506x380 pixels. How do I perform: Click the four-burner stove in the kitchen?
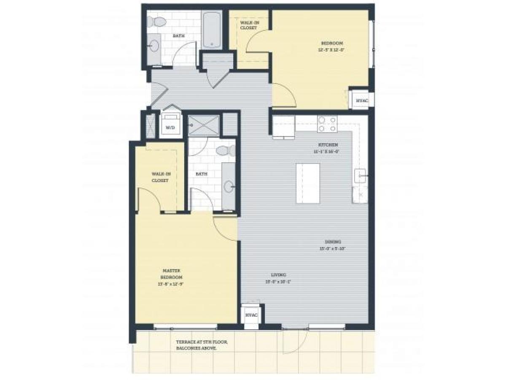pos(328,124)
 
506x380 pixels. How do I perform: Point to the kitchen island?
pos(308,183)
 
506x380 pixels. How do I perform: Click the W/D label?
pos(171,127)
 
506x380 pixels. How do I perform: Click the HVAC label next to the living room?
pos(251,316)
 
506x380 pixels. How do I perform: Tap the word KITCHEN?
pos(328,145)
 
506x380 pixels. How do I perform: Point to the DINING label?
pos(333,242)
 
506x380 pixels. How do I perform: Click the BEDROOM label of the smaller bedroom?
pos(332,43)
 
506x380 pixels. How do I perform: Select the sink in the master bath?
pos(229,186)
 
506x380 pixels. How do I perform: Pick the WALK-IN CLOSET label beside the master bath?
pos(160,177)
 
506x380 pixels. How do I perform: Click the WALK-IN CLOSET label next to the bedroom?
pos(248,25)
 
